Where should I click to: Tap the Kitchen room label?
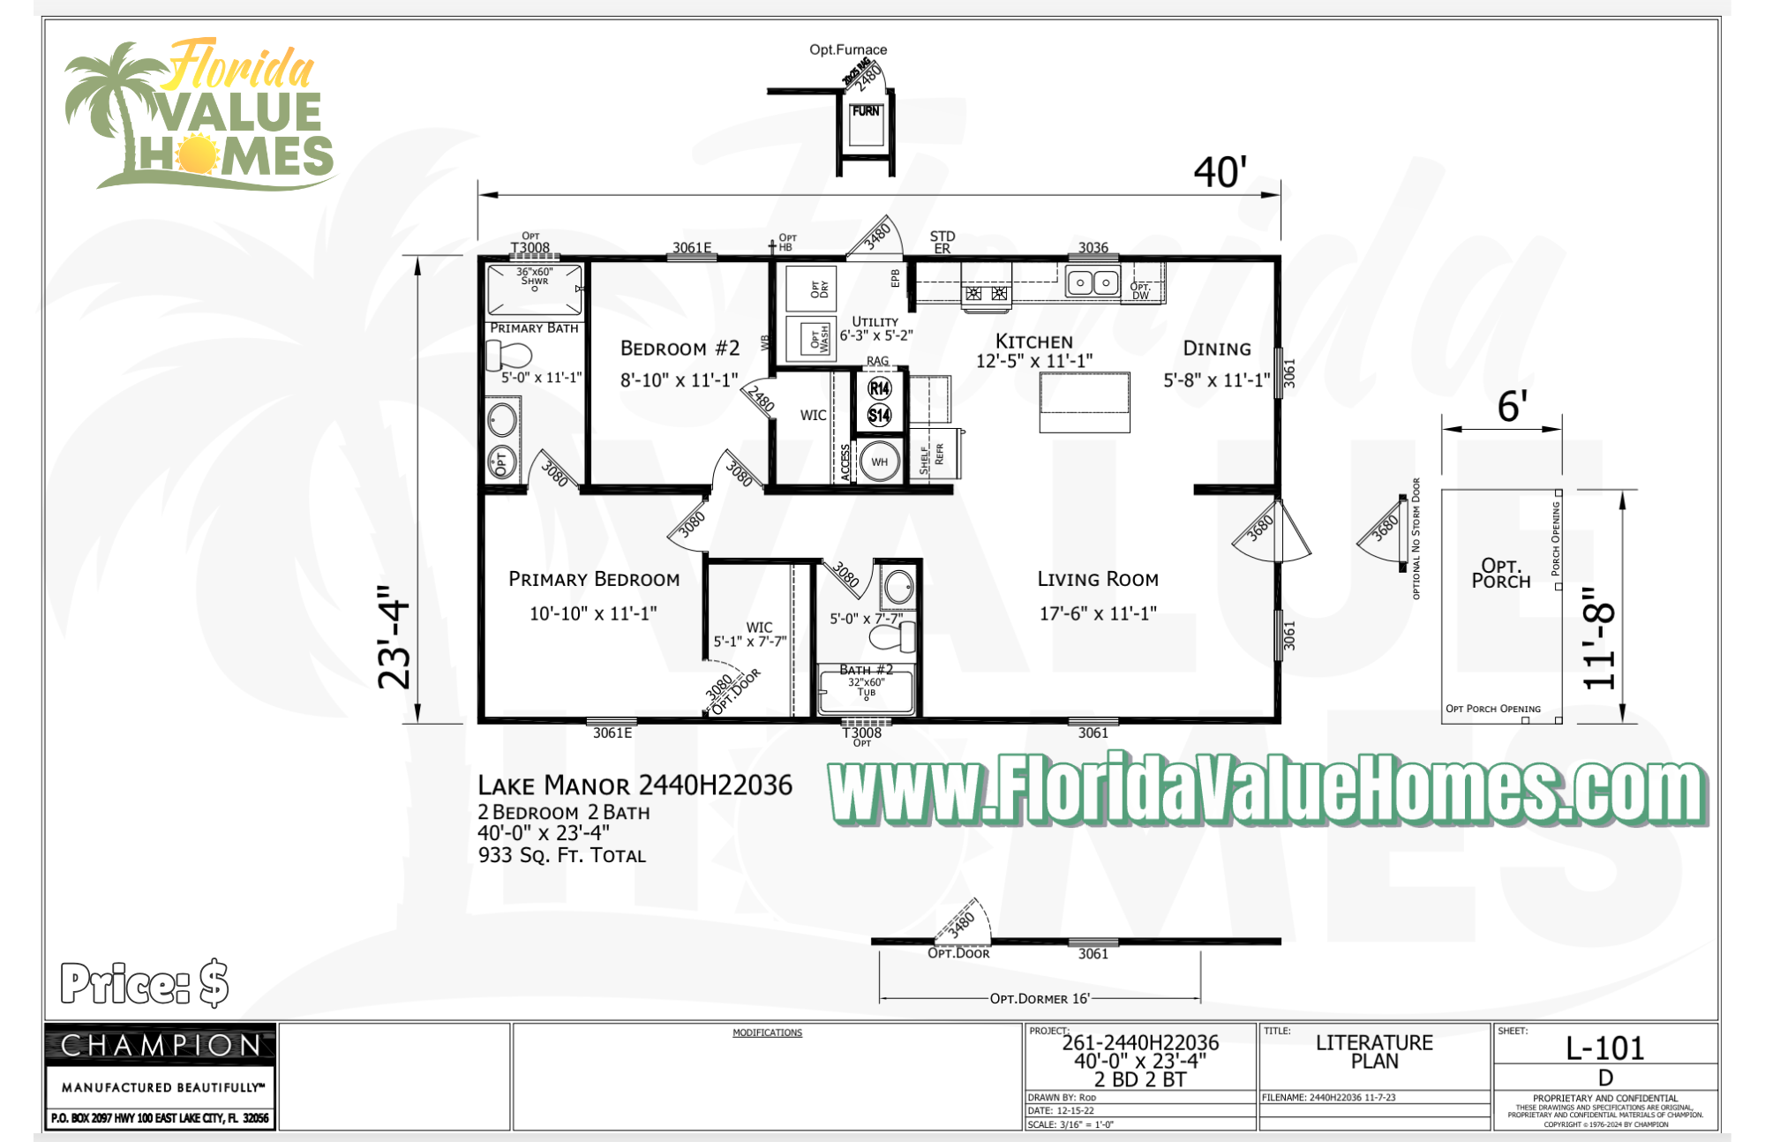[1033, 342]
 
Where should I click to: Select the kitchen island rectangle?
[1084, 402]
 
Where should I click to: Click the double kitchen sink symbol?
[1093, 282]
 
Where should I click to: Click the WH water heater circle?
[879, 462]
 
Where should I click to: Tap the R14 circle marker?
[879, 388]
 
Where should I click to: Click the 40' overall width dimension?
[1220, 172]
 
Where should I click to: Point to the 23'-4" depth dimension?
[394, 636]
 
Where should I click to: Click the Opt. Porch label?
[1500, 573]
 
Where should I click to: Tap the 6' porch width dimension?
[1512, 407]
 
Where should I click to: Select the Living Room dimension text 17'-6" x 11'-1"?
[1097, 613]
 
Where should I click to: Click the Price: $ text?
[145, 983]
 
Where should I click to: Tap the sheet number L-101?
[1604, 1048]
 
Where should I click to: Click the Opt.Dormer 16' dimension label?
[1040, 998]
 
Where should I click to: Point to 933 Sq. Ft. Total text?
[561, 855]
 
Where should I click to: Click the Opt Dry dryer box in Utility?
[818, 289]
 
